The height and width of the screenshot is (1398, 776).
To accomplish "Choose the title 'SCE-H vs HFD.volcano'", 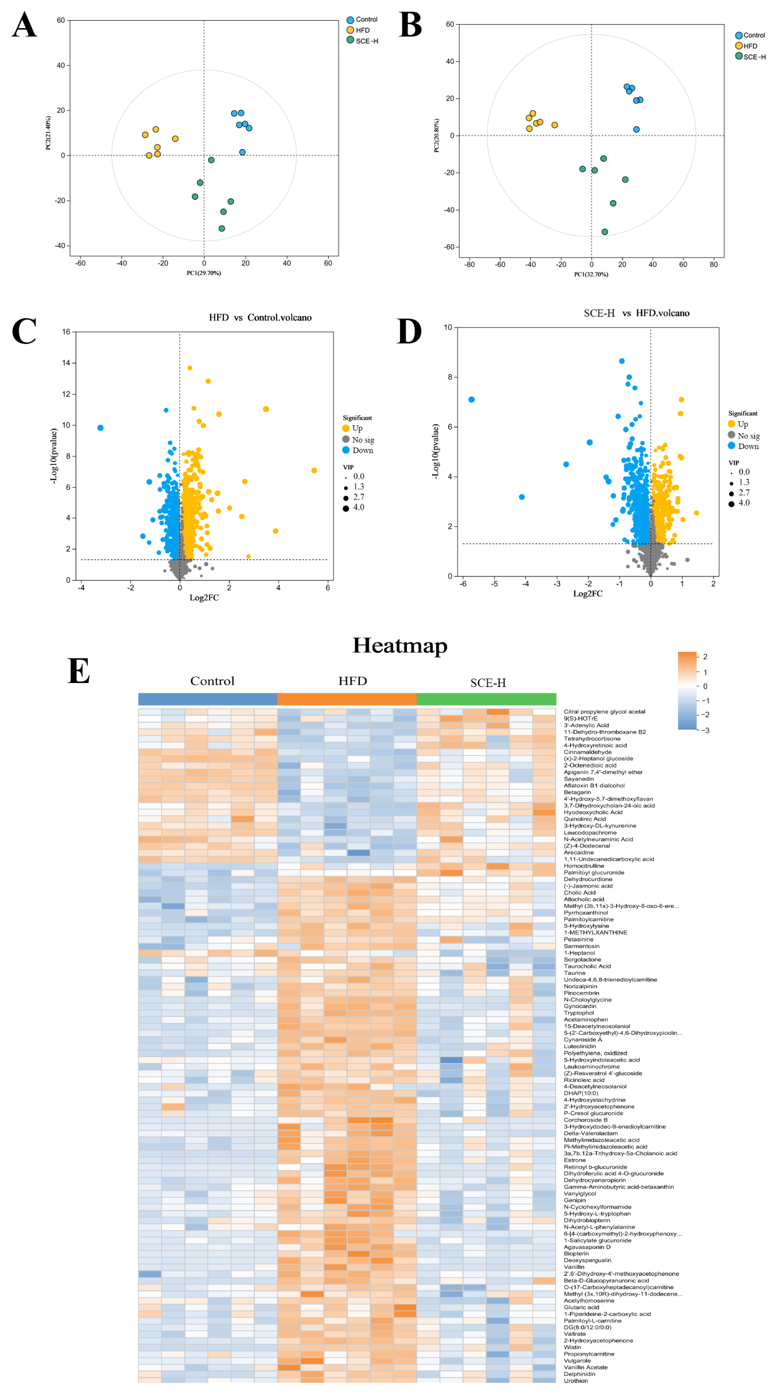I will point(636,313).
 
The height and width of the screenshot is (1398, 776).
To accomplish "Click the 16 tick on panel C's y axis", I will point(66,332).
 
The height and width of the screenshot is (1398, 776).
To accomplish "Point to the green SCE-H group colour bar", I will point(486,699).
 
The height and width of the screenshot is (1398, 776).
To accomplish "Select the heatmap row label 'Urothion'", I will point(576,1380).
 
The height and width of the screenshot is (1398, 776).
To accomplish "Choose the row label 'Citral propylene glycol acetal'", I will point(604,712).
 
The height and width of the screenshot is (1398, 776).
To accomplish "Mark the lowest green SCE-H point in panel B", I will point(605,232).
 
